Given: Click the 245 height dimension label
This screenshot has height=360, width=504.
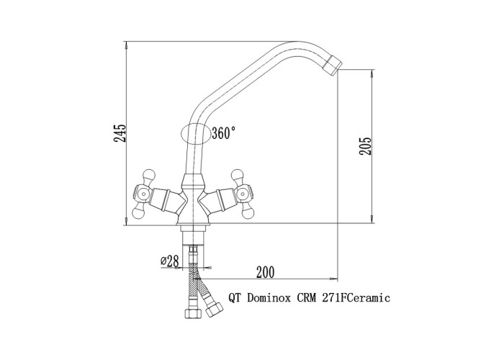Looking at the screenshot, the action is (120, 132).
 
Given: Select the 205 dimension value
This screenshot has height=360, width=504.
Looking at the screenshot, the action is (366, 146).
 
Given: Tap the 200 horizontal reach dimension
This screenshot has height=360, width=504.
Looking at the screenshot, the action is (265, 273).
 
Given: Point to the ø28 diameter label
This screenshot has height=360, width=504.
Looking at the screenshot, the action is (169, 261).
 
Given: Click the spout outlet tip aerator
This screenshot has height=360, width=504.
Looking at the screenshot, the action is (333, 66).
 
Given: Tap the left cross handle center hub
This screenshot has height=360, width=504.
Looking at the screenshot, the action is (143, 194).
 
